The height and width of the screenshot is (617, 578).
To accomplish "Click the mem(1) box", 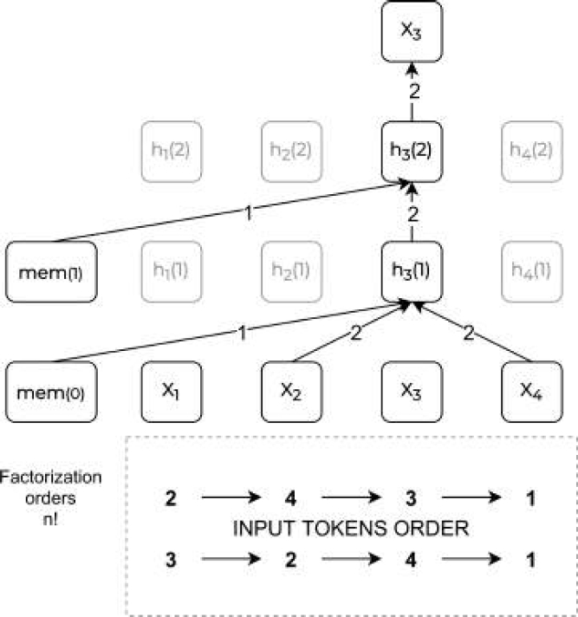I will coord(49,270).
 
